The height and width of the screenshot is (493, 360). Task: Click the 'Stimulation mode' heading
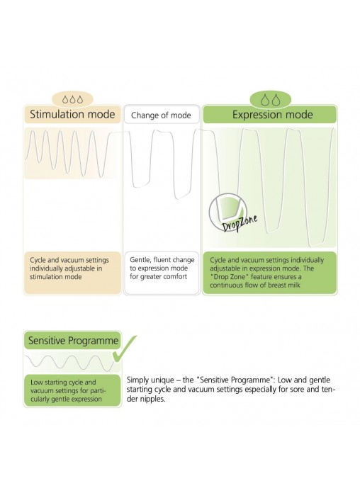72,114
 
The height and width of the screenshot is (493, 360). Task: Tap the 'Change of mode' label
161,115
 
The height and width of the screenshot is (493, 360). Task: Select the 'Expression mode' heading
273,115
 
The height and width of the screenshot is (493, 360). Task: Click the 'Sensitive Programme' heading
73,341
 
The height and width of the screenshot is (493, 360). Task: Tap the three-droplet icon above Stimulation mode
72,99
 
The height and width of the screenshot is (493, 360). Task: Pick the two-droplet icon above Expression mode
270,99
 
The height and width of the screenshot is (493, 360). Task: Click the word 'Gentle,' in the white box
140,260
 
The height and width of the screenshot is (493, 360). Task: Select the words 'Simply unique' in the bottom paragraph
150,380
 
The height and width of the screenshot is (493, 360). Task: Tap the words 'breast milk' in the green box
284,285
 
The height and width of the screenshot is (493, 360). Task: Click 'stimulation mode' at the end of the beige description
56,277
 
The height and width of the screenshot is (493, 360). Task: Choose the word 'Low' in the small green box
36,382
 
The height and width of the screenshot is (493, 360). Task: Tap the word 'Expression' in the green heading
257,115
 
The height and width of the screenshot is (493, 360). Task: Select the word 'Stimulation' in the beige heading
57,114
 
